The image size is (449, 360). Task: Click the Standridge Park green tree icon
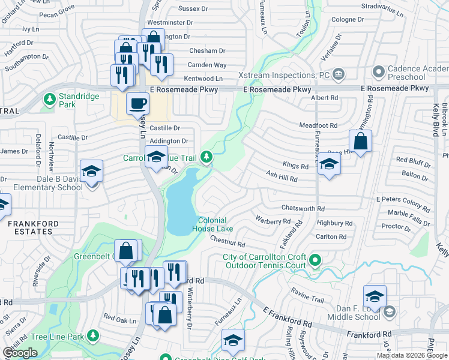[49, 97]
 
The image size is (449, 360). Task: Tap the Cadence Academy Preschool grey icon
[378, 73]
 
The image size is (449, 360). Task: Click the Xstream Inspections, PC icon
[339, 75]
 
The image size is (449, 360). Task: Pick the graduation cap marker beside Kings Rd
[329, 164]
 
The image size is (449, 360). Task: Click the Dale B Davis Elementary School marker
[91, 173]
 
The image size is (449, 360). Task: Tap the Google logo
[20, 353]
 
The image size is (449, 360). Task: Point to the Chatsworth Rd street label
[303, 208]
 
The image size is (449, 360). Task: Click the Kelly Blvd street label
[435, 120]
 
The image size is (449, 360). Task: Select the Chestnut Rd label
[228, 241]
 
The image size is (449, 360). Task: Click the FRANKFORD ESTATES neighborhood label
[34, 227]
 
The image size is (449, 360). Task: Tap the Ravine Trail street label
[307, 297]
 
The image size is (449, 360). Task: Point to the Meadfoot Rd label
[319, 125]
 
